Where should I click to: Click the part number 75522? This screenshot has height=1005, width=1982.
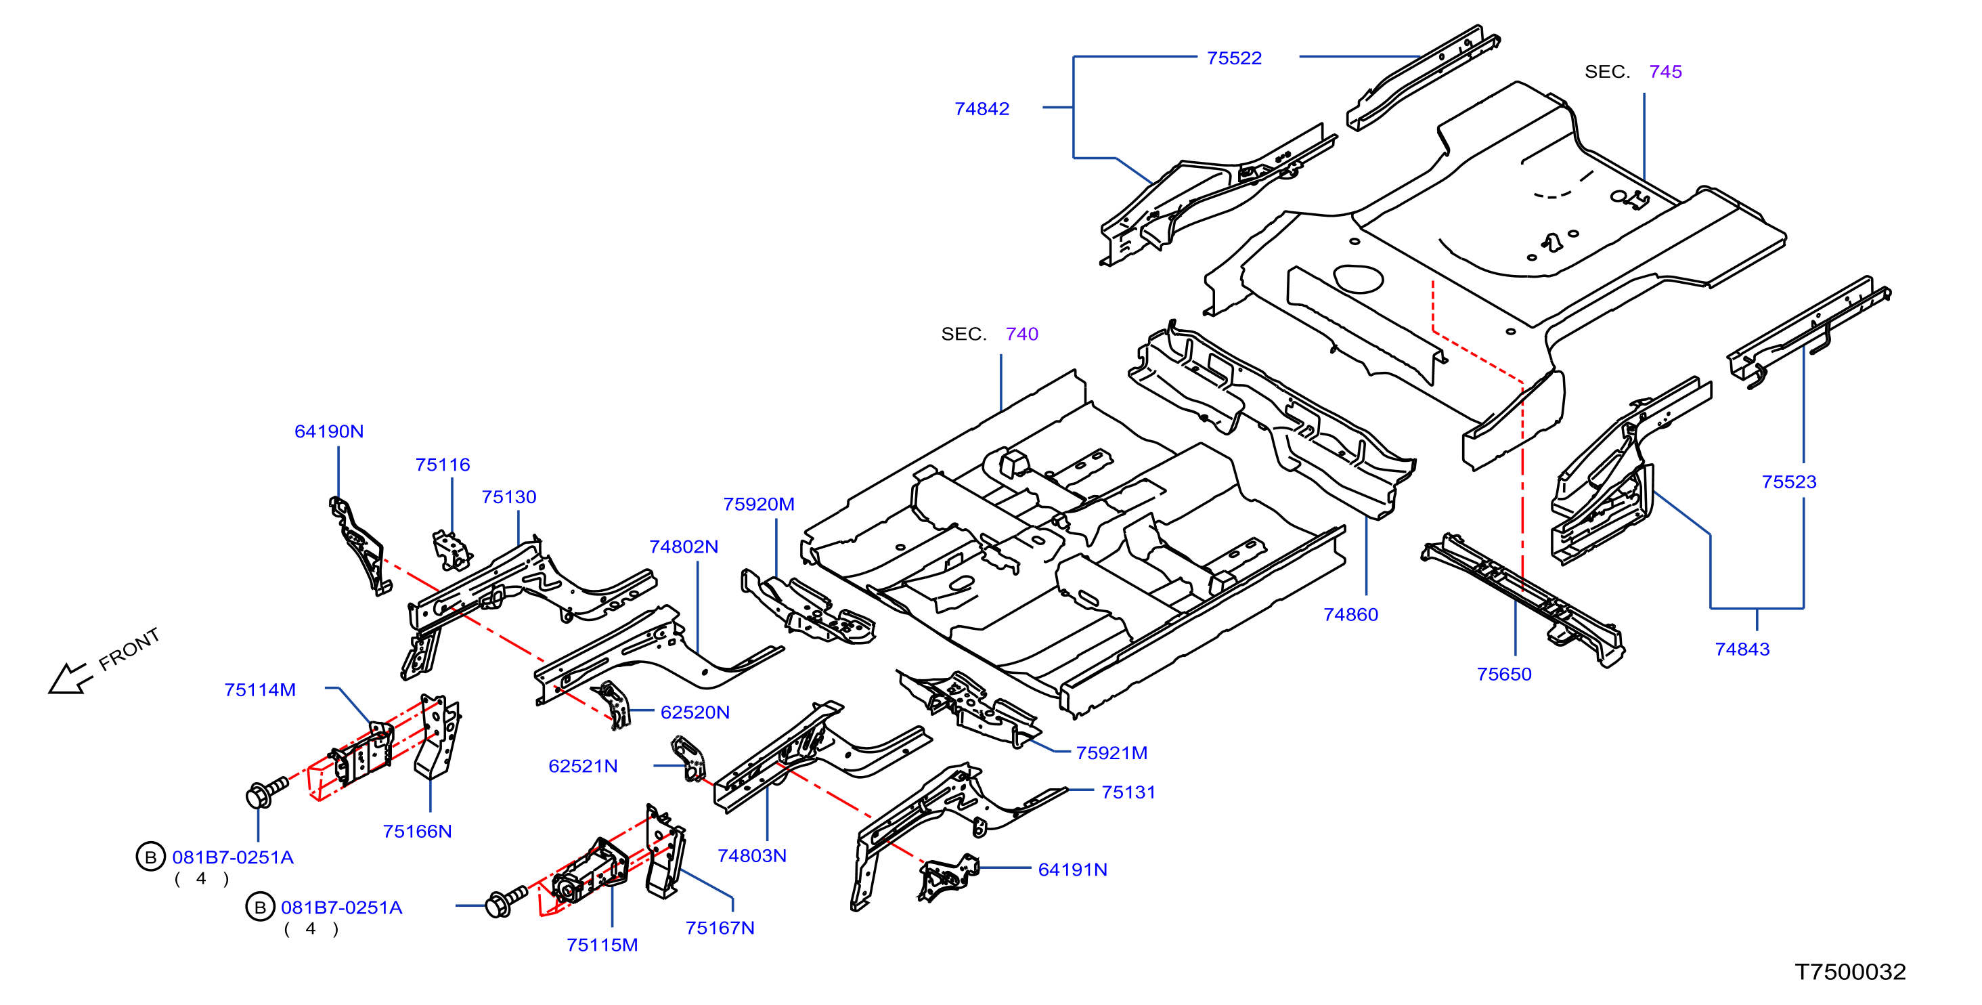[1234, 58]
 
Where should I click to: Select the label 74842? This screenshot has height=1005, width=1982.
[982, 109]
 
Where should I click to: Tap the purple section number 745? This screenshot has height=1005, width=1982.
[1666, 72]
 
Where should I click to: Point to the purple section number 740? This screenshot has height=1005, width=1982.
[1021, 334]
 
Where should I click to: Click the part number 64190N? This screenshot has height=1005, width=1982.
[329, 431]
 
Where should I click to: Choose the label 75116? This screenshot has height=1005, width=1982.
[443, 465]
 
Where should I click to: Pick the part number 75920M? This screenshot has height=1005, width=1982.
[759, 504]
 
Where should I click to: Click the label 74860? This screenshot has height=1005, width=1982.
[1351, 615]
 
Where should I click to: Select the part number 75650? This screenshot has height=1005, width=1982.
[1504, 674]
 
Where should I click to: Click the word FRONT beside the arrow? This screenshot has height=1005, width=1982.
[129, 649]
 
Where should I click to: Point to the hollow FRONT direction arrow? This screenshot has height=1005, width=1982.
[70, 678]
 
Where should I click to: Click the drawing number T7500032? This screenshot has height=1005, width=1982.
[1851, 972]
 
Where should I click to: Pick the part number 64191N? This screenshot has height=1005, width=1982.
[1072, 870]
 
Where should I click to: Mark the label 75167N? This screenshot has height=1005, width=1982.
[720, 928]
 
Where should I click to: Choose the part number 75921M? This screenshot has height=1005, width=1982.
[1111, 753]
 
